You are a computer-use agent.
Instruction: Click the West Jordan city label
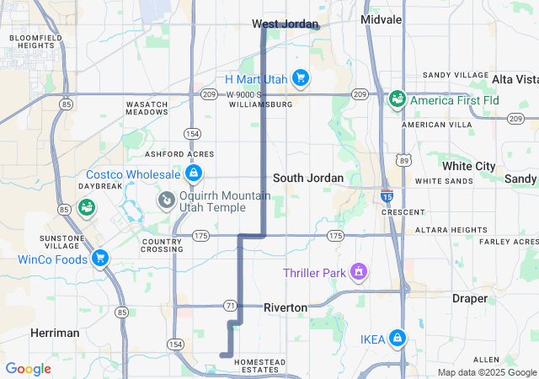(283, 24)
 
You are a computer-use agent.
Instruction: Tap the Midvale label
(381, 19)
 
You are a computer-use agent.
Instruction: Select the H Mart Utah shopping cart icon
(301, 79)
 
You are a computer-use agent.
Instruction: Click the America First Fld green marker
(397, 100)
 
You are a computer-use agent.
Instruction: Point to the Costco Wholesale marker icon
(194, 173)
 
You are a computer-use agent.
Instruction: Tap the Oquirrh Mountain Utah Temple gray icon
(166, 200)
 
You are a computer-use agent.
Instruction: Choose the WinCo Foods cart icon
(100, 259)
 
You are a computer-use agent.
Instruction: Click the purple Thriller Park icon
(359, 272)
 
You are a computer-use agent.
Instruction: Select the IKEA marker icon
(397, 339)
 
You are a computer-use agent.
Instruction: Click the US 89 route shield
(405, 159)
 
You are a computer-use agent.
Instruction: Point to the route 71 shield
(229, 304)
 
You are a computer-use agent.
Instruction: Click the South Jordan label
(308, 178)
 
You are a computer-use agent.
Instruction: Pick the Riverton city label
(286, 307)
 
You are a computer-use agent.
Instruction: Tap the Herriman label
(55, 333)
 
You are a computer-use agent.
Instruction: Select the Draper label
(470, 298)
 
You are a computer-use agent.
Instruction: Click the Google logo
(28, 369)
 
